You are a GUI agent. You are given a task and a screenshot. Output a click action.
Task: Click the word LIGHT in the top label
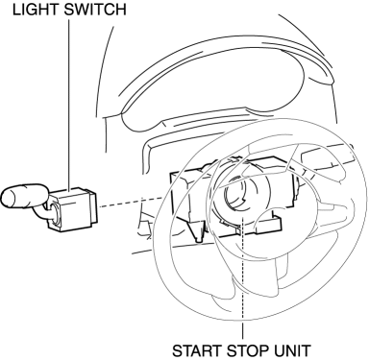point(36,10)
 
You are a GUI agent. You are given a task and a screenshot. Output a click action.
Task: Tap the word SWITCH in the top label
point(95,10)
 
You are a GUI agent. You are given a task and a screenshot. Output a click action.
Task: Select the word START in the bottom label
point(197,350)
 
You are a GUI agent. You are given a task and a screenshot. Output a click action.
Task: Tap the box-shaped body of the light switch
point(72,209)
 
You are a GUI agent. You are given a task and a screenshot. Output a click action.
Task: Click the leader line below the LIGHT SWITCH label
point(69,104)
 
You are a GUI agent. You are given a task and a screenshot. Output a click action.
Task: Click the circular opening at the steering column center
point(236,196)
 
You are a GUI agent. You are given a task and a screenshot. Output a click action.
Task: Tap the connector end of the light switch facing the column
point(91,208)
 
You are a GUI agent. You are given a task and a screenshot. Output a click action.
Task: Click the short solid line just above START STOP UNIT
point(242,331)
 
